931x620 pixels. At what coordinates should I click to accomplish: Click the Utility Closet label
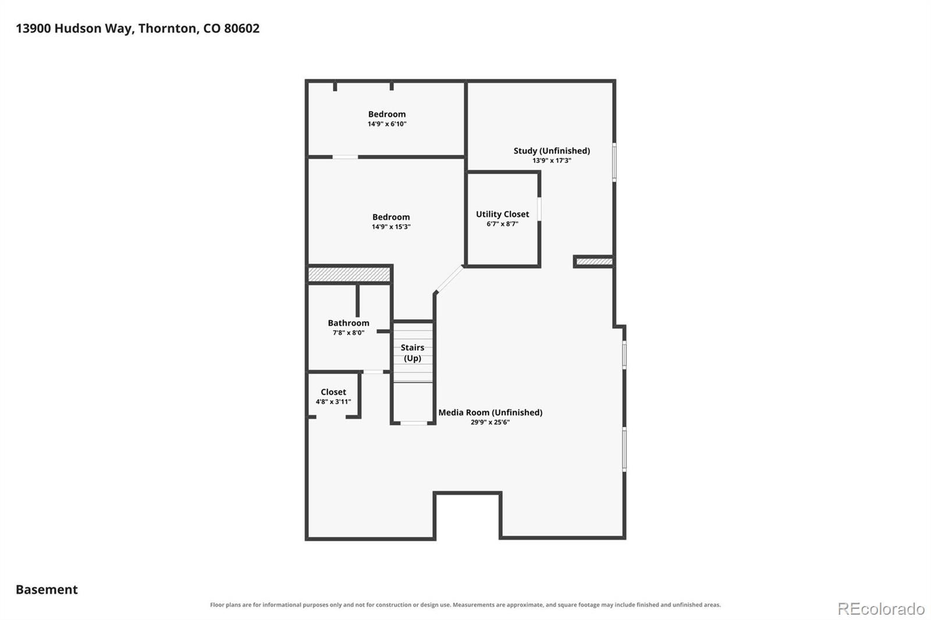point(502,214)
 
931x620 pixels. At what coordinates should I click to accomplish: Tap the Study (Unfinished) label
point(552,151)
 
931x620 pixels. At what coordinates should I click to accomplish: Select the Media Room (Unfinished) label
point(491,412)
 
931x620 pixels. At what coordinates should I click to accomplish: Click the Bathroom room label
point(349,323)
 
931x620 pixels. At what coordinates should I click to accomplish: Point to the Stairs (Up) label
point(413,353)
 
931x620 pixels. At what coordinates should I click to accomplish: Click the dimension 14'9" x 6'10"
point(387,124)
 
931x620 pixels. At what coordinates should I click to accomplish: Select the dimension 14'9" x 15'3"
point(391,227)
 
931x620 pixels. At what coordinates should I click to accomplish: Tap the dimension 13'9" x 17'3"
point(552,161)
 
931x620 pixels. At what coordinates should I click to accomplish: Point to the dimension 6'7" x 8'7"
point(503,224)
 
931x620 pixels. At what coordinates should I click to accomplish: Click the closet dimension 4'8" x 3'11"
point(333,402)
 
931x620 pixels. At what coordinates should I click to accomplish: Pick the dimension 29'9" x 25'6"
point(491,422)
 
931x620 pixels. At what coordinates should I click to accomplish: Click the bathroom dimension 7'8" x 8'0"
point(349,333)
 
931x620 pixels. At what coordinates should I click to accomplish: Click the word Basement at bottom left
point(47,590)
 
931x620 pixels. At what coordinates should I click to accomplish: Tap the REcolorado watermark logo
point(881,609)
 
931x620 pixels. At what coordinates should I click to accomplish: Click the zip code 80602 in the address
point(242,28)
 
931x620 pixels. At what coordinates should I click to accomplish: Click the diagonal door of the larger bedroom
point(449,279)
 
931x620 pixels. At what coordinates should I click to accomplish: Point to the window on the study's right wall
point(614,162)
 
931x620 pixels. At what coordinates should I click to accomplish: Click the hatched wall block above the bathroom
point(349,275)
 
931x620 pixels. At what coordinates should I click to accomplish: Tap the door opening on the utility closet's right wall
point(539,209)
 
